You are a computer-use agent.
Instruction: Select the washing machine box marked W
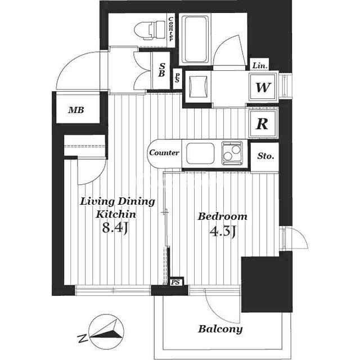pyautogui.click(x=263, y=87)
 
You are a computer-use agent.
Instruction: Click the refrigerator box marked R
pyautogui.click(x=263, y=124)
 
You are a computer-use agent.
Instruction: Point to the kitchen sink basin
pyautogui.click(x=200, y=153)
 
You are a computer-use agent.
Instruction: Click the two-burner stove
pyautogui.click(x=232, y=153)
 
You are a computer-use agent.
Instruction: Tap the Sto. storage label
pyautogui.click(x=265, y=156)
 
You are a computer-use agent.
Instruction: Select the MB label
pyautogui.click(x=76, y=110)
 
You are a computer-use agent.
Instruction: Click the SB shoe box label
pyautogui.click(x=161, y=70)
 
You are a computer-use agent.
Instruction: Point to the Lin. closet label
pyautogui.click(x=260, y=66)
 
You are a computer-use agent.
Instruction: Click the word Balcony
pyautogui.click(x=220, y=328)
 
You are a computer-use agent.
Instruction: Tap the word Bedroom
pyautogui.click(x=223, y=217)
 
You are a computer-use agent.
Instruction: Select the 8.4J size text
pyautogui.click(x=115, y=228)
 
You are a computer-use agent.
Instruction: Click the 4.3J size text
pyautogui.click(x=223, y=231)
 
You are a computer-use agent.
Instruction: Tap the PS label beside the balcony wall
pyautogui.click(x=175, y=282)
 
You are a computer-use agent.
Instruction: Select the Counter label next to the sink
pyautogui.click(x=164, y=152)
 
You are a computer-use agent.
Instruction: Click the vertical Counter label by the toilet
pyautogui.click(x=171, y=29)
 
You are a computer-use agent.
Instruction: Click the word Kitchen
pyautogui.click(x=116, y=214)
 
